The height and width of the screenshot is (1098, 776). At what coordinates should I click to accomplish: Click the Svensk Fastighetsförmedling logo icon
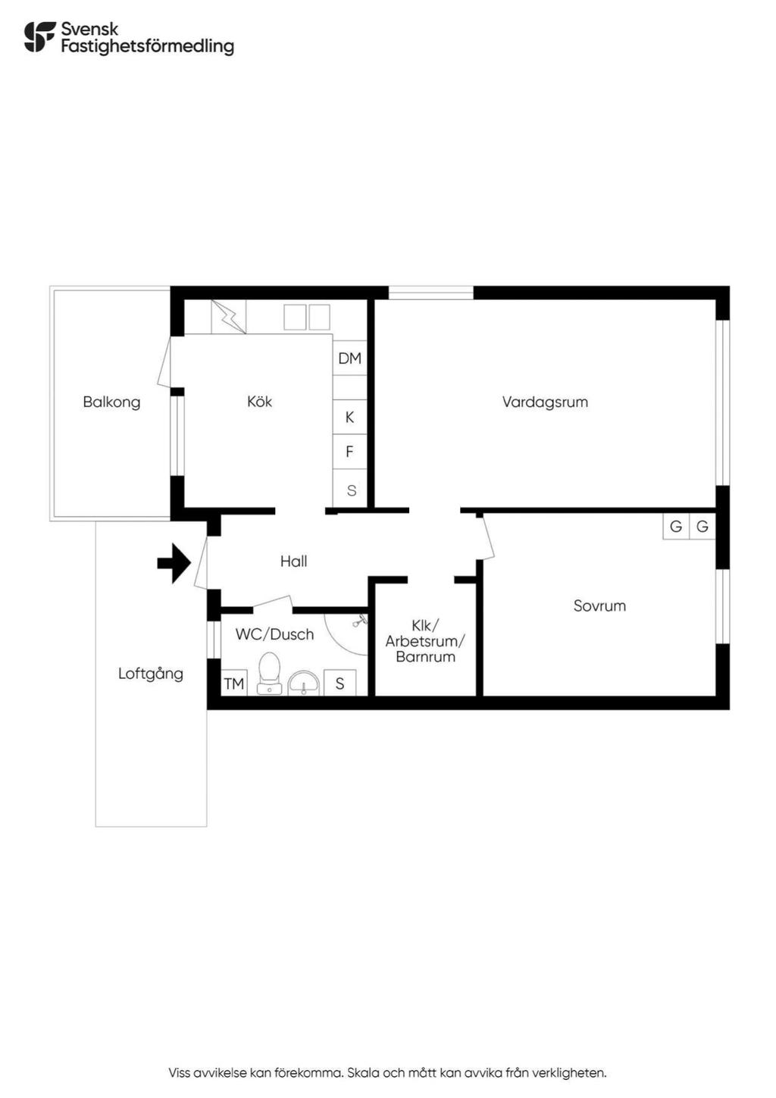39,37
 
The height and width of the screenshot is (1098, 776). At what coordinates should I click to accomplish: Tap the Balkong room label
111,402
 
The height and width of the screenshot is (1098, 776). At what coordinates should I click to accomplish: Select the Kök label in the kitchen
259,402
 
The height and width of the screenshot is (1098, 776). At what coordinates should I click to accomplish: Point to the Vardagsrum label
545,402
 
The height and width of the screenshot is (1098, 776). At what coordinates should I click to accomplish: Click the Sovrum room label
599,605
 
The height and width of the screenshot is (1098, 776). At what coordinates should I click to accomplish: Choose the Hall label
293,562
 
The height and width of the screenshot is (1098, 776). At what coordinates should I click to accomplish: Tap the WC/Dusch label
274,634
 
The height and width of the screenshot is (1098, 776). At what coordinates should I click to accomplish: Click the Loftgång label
151,674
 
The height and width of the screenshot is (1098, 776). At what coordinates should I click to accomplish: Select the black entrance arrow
174,563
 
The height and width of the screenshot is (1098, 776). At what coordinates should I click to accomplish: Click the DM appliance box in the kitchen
349,358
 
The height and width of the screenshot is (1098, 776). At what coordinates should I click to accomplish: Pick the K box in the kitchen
349,417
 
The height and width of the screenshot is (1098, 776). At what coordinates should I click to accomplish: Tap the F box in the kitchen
349,452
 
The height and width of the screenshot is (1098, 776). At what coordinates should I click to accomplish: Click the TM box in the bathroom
234,683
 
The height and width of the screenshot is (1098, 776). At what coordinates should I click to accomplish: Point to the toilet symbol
268,673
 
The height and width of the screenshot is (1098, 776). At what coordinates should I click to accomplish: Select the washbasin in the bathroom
303,684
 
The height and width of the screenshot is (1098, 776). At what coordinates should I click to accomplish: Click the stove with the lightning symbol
228,317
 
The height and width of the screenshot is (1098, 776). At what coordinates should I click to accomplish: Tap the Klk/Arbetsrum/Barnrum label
425,641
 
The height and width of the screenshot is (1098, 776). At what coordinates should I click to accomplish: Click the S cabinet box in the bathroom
339,683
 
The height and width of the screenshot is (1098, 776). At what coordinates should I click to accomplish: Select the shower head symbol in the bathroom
359,621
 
